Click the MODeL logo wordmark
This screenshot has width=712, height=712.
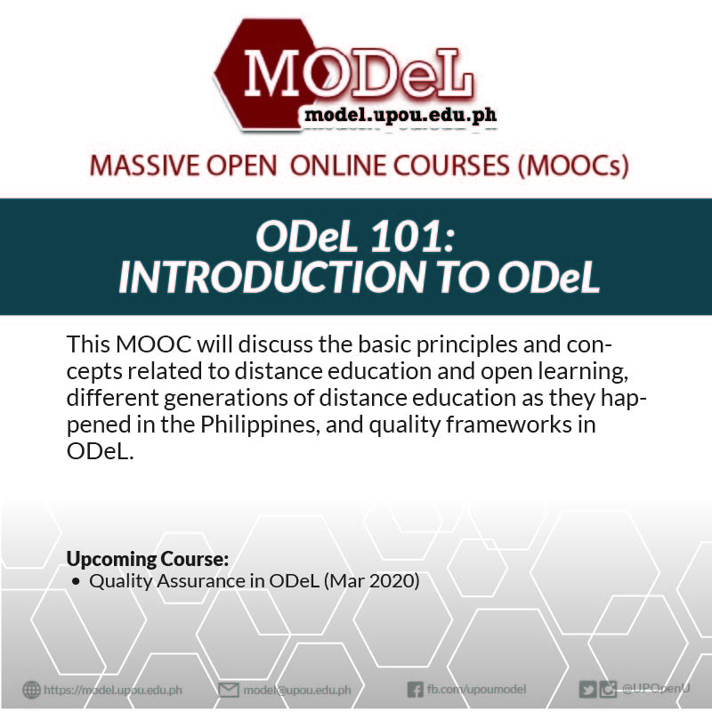pos(359,74)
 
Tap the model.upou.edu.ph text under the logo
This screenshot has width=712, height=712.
pos(401,115)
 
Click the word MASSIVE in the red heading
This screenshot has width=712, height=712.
pos(144,165)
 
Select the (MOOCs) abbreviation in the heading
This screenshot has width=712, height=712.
pos(574,166)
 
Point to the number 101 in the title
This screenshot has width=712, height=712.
pos(412,237)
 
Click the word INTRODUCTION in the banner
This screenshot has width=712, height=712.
pos(271,277)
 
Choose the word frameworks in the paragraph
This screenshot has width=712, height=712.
pos(509,425)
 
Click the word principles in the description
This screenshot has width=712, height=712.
pos(466,345)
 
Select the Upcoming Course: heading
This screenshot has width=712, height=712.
pos(148,559)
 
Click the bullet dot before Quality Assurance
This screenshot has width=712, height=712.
pos(76,582)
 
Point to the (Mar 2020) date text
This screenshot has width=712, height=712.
pos(372,581)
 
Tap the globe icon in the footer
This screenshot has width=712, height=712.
pos(31,690)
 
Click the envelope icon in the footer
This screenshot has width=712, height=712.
pos(229,691)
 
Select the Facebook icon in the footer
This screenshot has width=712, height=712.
pos(415,690)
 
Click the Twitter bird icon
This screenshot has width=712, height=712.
pos(587,690)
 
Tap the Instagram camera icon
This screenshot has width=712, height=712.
pos(608,690)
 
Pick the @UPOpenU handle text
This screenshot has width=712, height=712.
pos(656,688)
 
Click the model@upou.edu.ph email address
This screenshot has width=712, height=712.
pos(297,691)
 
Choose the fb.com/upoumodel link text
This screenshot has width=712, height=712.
pos(476,689)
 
